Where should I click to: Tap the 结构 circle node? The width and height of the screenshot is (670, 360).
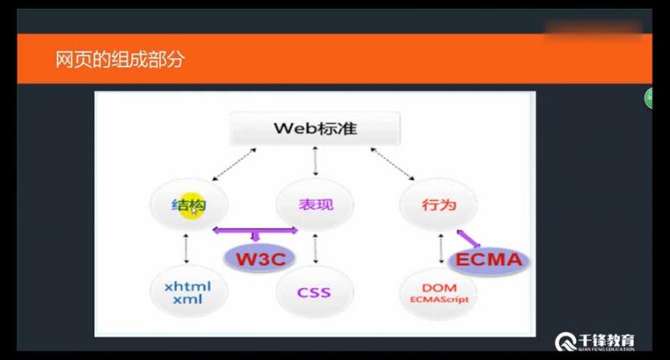click(188, 203)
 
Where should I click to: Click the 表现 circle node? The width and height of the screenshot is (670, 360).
click(315, 203)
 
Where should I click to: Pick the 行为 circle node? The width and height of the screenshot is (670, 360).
click(438, 203)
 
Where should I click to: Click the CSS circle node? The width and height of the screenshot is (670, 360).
click(314, 292)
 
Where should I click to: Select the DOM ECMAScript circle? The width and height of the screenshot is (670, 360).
click(439, 291)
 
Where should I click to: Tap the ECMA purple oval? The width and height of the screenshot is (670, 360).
click(489, 260)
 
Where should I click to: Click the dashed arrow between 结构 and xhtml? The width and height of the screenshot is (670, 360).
click(187, 248)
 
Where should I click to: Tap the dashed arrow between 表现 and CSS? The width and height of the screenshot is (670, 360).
click(315, 248)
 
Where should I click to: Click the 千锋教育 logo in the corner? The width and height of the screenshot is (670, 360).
click(595, 341)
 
